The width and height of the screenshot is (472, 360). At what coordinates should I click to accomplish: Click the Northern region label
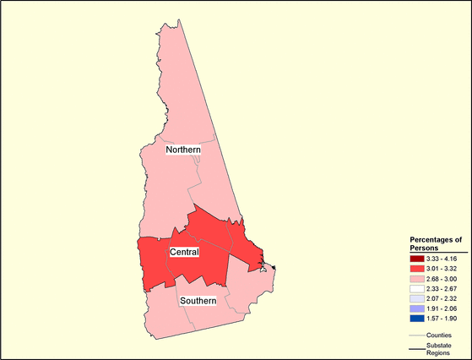coord(183,150)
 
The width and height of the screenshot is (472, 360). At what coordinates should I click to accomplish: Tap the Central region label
coord(184,253)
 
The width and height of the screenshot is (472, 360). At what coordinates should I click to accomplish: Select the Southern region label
coord(198,301)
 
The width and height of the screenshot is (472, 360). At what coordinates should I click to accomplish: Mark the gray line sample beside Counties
coord(417,335)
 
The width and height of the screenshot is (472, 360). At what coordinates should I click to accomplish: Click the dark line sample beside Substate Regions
coord(417,346)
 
